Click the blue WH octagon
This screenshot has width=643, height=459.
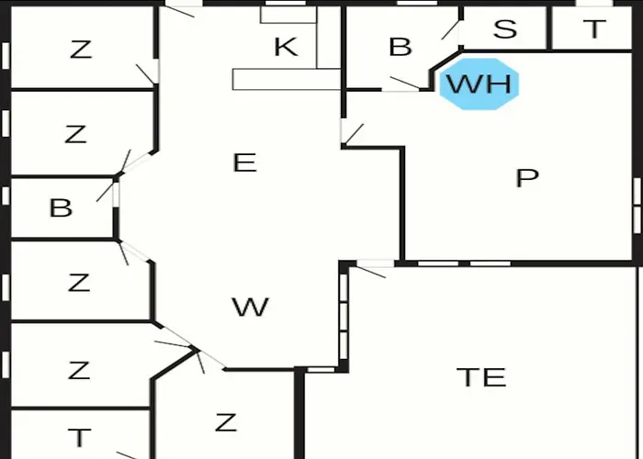(479, 84)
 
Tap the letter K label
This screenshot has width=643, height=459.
(286, 47)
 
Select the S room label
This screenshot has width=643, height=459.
(505, 29)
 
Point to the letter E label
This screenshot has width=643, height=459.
(245, 162)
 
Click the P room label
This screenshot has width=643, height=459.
(527, 178)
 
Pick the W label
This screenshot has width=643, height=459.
(250, 307)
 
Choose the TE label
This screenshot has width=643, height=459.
(481, 377)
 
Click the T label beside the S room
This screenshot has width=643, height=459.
(594, 29)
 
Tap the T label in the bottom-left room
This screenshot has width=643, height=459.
(79, 437)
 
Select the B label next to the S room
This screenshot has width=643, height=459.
(400, 47)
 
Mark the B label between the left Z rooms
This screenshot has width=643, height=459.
(61, 207)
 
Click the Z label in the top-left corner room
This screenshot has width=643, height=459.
(81, 50)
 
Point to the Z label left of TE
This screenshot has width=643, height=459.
(226, 422)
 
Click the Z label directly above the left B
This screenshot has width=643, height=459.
(75, 134)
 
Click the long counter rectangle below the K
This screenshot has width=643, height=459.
(287, 79)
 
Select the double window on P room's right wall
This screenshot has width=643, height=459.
(637, 206)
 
